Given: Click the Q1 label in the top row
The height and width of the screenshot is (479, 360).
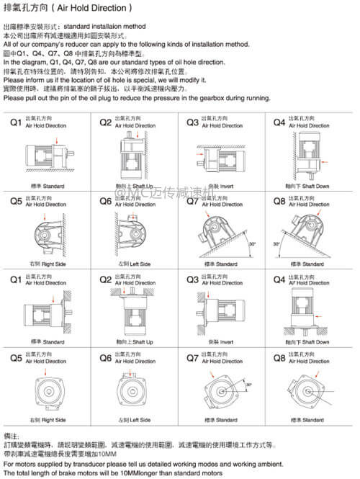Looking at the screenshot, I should click(x=15, y=123).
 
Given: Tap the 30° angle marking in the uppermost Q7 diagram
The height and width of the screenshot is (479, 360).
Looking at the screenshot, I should click(x=251, y=244).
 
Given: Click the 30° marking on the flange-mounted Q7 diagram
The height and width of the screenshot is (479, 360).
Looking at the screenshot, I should click(x=248, y=386).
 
